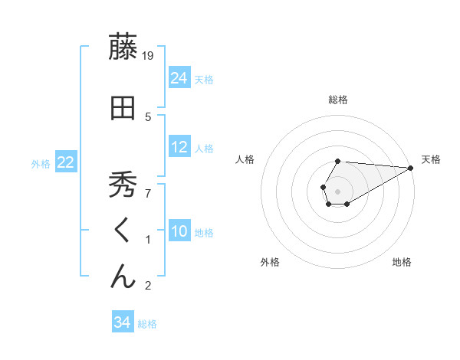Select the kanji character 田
pos(123,110)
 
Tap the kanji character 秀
pos(123,184)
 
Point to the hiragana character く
pos(123,231)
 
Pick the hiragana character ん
pos(123,277)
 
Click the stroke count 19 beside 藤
pos(149,55)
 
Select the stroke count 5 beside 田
pos(149,117)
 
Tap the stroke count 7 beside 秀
pos(149,192)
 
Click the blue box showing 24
pos(179,78)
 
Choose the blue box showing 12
pos(179,147)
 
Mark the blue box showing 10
pos(179,231)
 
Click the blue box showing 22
pos(66,162)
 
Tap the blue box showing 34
pos(122,322)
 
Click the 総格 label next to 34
pos(147,324)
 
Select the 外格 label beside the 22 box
pos(41,163)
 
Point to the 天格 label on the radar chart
pos(431,159)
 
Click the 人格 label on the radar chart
pos(245,159)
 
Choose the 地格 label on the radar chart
pos(402,262)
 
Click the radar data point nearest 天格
pos(411,168)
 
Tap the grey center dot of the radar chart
pos(337,190)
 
